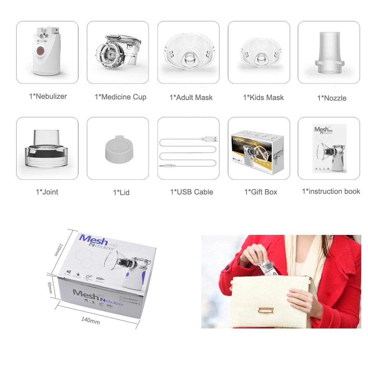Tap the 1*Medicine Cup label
121,97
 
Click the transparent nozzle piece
329,52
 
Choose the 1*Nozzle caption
332,98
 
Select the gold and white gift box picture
259,150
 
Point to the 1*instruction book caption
331,191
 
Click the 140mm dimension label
90,320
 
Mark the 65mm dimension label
50,288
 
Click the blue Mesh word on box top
93,239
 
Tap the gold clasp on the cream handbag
266,310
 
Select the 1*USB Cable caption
192,192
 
